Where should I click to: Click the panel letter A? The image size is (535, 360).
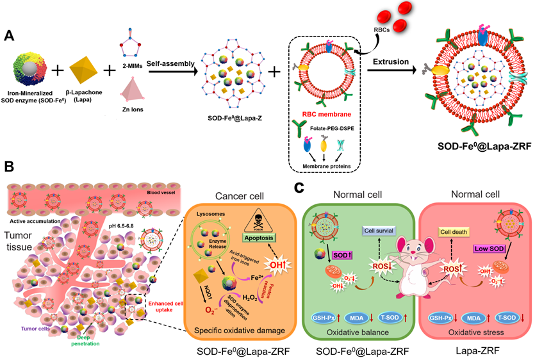pyautogui.click(x=10, y=36)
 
